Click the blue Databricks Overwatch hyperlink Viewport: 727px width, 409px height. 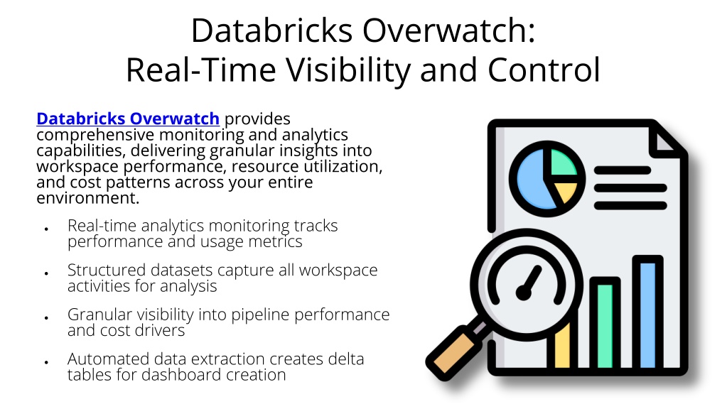tap(127, 119)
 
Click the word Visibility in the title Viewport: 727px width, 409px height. tap(349, 70)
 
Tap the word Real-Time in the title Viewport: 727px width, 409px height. tap(201, 70)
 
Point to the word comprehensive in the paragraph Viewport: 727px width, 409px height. tap(95, 135)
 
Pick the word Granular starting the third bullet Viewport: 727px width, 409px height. tap(94, 314)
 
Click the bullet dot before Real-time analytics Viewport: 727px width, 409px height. tap(46, 229)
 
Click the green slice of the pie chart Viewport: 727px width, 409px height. tap(563, 163)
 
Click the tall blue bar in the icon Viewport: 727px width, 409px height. tap(647, 315)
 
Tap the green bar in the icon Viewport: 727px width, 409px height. tap(605, 326)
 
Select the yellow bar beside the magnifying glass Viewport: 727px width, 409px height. tap(562, 347)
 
